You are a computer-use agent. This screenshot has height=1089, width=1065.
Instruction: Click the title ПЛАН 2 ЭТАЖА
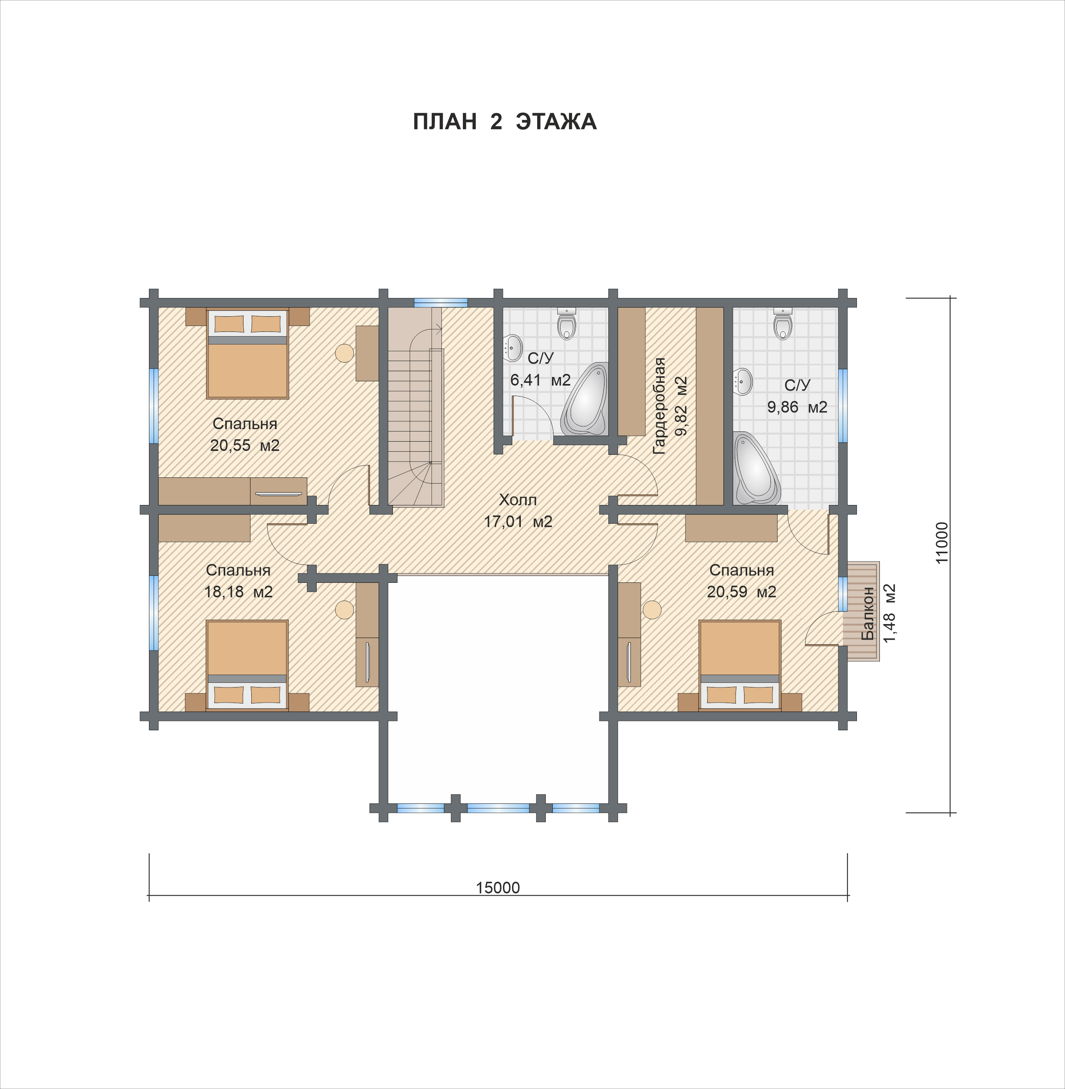click(x=504, y=121)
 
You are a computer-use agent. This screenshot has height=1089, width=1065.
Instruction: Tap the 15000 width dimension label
click(x=498, y=887)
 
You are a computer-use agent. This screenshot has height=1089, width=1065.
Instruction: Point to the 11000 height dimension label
click(x=942, y=542)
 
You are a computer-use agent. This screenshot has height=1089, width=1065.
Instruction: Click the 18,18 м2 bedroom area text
click(x=238, y=591)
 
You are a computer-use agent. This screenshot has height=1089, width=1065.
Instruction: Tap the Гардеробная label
click(x=659, y=406)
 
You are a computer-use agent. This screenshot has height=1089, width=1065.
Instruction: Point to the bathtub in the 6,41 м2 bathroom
click(x=585, y=398)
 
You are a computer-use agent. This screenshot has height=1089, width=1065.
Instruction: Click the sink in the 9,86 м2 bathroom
click(x=743, y=382)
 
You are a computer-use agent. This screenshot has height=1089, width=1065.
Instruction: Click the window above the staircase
click(x=441, y=302)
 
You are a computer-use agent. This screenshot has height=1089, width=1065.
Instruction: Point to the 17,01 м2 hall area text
click(x=518, y=522)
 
